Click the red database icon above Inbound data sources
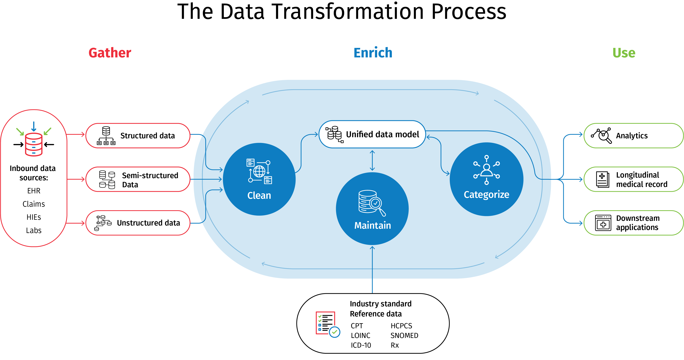click(x=34, y=144)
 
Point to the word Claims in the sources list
click(x=34, y=204)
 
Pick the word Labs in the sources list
click(x=34, y=230)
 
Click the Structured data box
click(x=138, y=136)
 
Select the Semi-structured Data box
click(x=138, y=180)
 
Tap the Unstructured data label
click(x=148, y=223)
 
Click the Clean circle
click(x=259, y=179)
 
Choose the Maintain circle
click(x=372, y=209)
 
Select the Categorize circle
click(x=486, y=179)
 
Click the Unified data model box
click(x=372, y=134)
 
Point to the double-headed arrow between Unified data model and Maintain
click(x=372, y=160)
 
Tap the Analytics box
click(x=633, y=136)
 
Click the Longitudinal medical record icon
click(x=602, y=180)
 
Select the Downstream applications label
click(x=638, y=223)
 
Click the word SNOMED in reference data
click(x=404, y=336)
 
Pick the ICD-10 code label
click(x=361, y=345)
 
